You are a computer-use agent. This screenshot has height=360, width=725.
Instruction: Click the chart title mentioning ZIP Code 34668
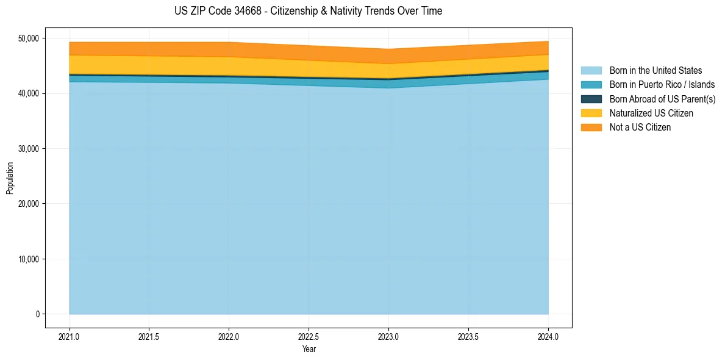tap(308, 11)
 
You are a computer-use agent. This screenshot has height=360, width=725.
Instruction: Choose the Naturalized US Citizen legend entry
tap(651, 113)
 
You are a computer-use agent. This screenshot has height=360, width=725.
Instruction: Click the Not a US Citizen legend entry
tap(640, 128)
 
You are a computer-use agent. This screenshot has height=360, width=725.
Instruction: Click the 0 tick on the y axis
tap(37, 314)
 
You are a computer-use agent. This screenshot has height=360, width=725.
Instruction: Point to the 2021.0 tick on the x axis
tap(70, 336)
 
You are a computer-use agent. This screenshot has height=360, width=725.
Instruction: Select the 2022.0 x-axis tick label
tap(229, 336)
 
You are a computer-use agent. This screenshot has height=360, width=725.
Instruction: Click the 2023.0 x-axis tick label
tap(389, 336)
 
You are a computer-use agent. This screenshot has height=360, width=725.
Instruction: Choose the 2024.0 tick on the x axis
tap(549, 336)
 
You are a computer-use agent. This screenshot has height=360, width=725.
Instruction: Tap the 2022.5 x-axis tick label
tap(309, 336)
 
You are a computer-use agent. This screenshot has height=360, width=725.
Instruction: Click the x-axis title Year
tap(309, 349)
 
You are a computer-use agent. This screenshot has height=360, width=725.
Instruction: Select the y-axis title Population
tap(10, 178)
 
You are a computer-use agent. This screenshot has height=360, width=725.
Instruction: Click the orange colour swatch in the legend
tap(591, 128)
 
